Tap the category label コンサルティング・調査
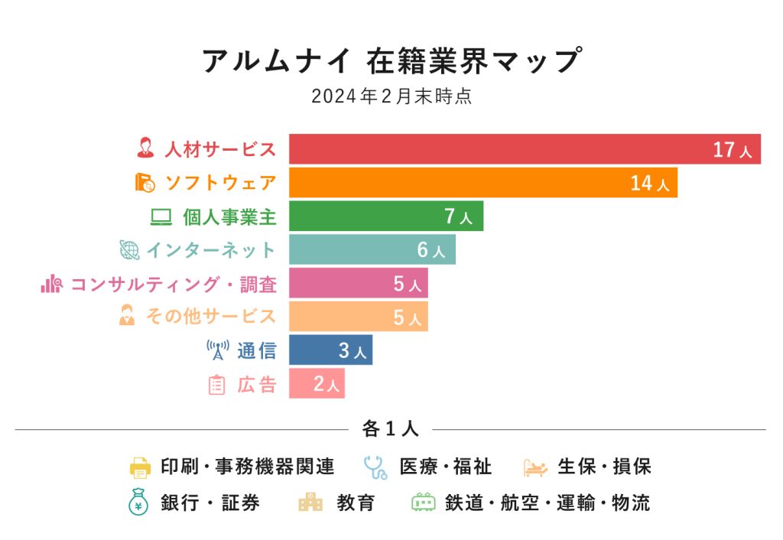pyautogui.click(x=174, y=284)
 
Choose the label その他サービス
pyautogui.click(x=210, y=317)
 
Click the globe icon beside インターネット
pyautogui.click(x=129, y=250)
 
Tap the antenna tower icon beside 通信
pyautogui.click(x=218, y=350)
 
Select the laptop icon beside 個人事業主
pyautogui.click(x=161, y=217)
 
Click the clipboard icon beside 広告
pyautogui.click(x=217, y=385)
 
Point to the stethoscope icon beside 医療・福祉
pyautogui.click(x=375, y=466)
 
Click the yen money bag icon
pyautogui.click(x=138, y=502)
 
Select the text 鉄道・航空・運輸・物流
pyautogui.click(x=547, y=503)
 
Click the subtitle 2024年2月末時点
pyautogui.click(x=391, y=97)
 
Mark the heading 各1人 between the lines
pyautogui.click(x=390, y=429)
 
